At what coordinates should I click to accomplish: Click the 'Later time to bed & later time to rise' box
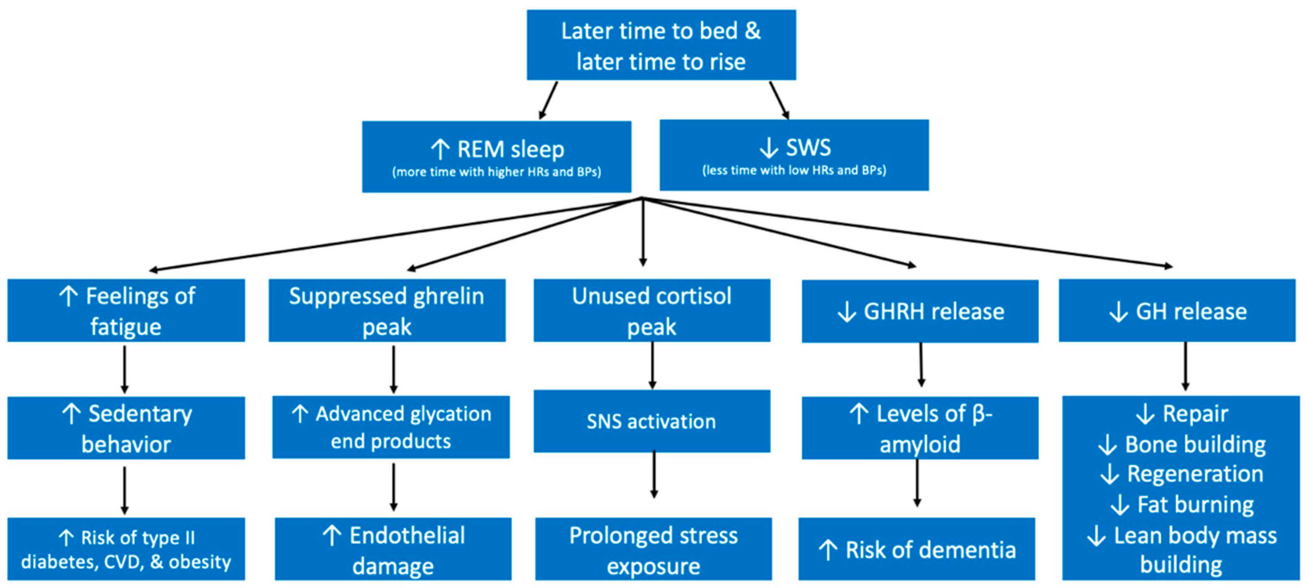point(661,45)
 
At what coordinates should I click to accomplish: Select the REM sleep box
point(497,157)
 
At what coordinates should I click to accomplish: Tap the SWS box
point(794,155)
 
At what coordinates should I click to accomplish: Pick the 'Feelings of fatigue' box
point(126,310)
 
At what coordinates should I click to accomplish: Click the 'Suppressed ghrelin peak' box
point(387,310)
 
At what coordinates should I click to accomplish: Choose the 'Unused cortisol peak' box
point(652,310)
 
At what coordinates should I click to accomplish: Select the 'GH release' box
point(1177,310)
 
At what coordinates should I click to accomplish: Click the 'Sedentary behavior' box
point(126,428)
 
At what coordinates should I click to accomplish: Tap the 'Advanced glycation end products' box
point(391,427)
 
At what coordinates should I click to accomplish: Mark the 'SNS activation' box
point(652,421)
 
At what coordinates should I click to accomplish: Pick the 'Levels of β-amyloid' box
point(920,428)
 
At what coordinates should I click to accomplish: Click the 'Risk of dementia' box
point(916,549)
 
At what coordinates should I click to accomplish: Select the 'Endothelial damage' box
point(393,549)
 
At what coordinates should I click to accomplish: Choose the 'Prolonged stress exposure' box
point(654,549)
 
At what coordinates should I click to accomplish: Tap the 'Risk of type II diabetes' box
point(126,549)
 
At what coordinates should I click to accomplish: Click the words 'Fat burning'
point(1195,505)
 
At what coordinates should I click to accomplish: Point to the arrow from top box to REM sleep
point(549,100)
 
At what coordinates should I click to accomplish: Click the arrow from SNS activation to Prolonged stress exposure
point(654,474)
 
